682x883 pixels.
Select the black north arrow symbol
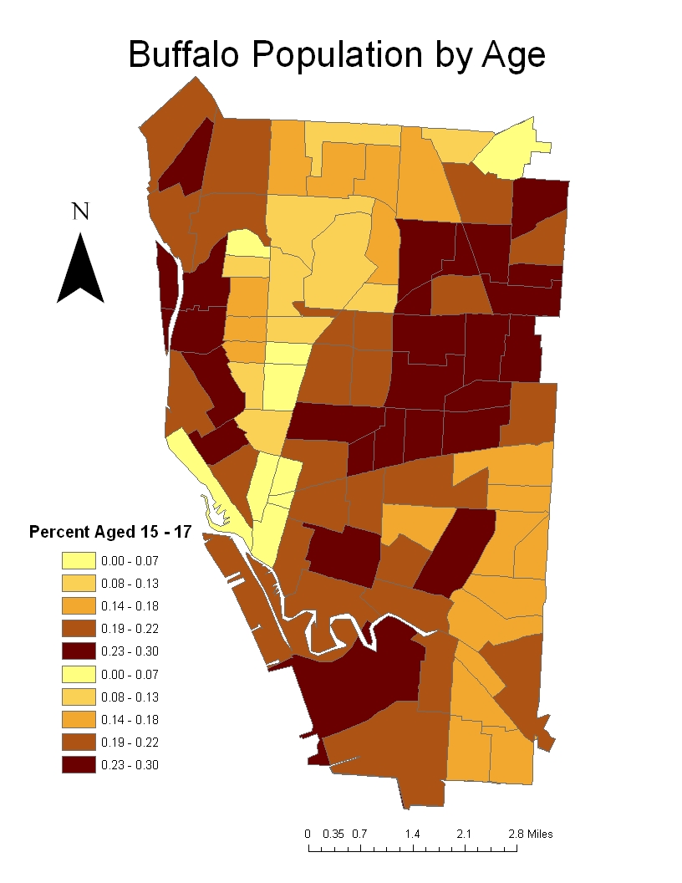coord(80,269)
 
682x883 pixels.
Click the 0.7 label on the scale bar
coord(360,834)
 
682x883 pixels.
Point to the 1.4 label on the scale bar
coord(412,834)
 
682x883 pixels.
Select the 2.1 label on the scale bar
coord(465,834)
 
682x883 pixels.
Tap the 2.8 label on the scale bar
coord(515,834)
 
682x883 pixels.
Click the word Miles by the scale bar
coord(540,834)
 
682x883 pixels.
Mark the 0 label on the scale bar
coord(308,834)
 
